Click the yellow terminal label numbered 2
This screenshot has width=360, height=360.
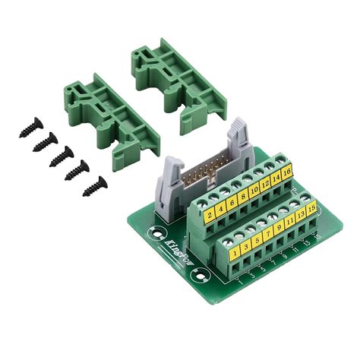[209, 214]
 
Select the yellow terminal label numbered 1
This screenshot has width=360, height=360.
[235, 248]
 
